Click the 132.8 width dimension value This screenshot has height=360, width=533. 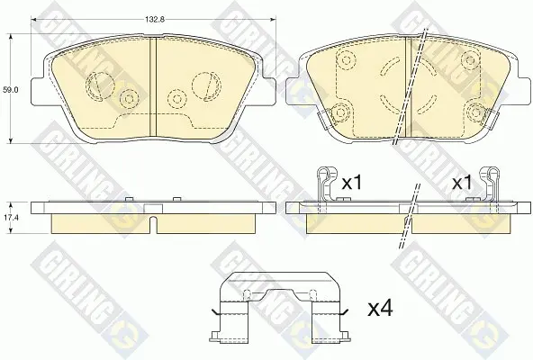155,20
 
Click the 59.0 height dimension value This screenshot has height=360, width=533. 11,90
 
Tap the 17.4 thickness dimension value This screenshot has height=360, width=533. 11,218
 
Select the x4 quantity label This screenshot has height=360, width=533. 380,309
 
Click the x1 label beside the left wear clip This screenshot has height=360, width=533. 352,184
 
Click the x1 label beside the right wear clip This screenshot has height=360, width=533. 462,184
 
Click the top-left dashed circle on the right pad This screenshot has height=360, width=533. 347,60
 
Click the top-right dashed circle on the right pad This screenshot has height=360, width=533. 470,60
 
